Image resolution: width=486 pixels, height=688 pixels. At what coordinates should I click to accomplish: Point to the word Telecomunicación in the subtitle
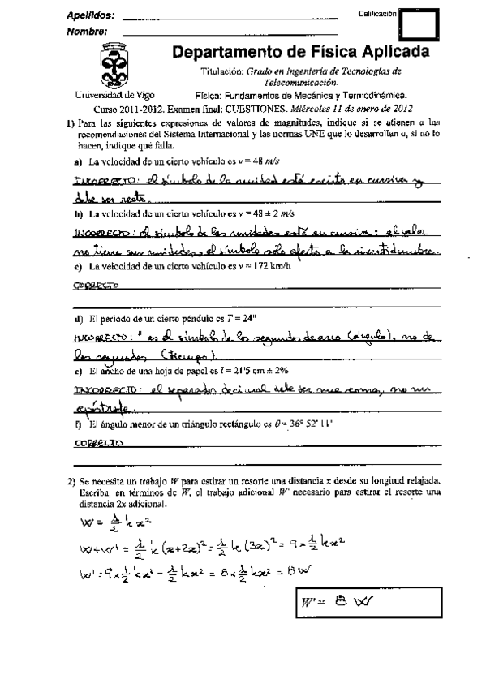click(x=300, y=83)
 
